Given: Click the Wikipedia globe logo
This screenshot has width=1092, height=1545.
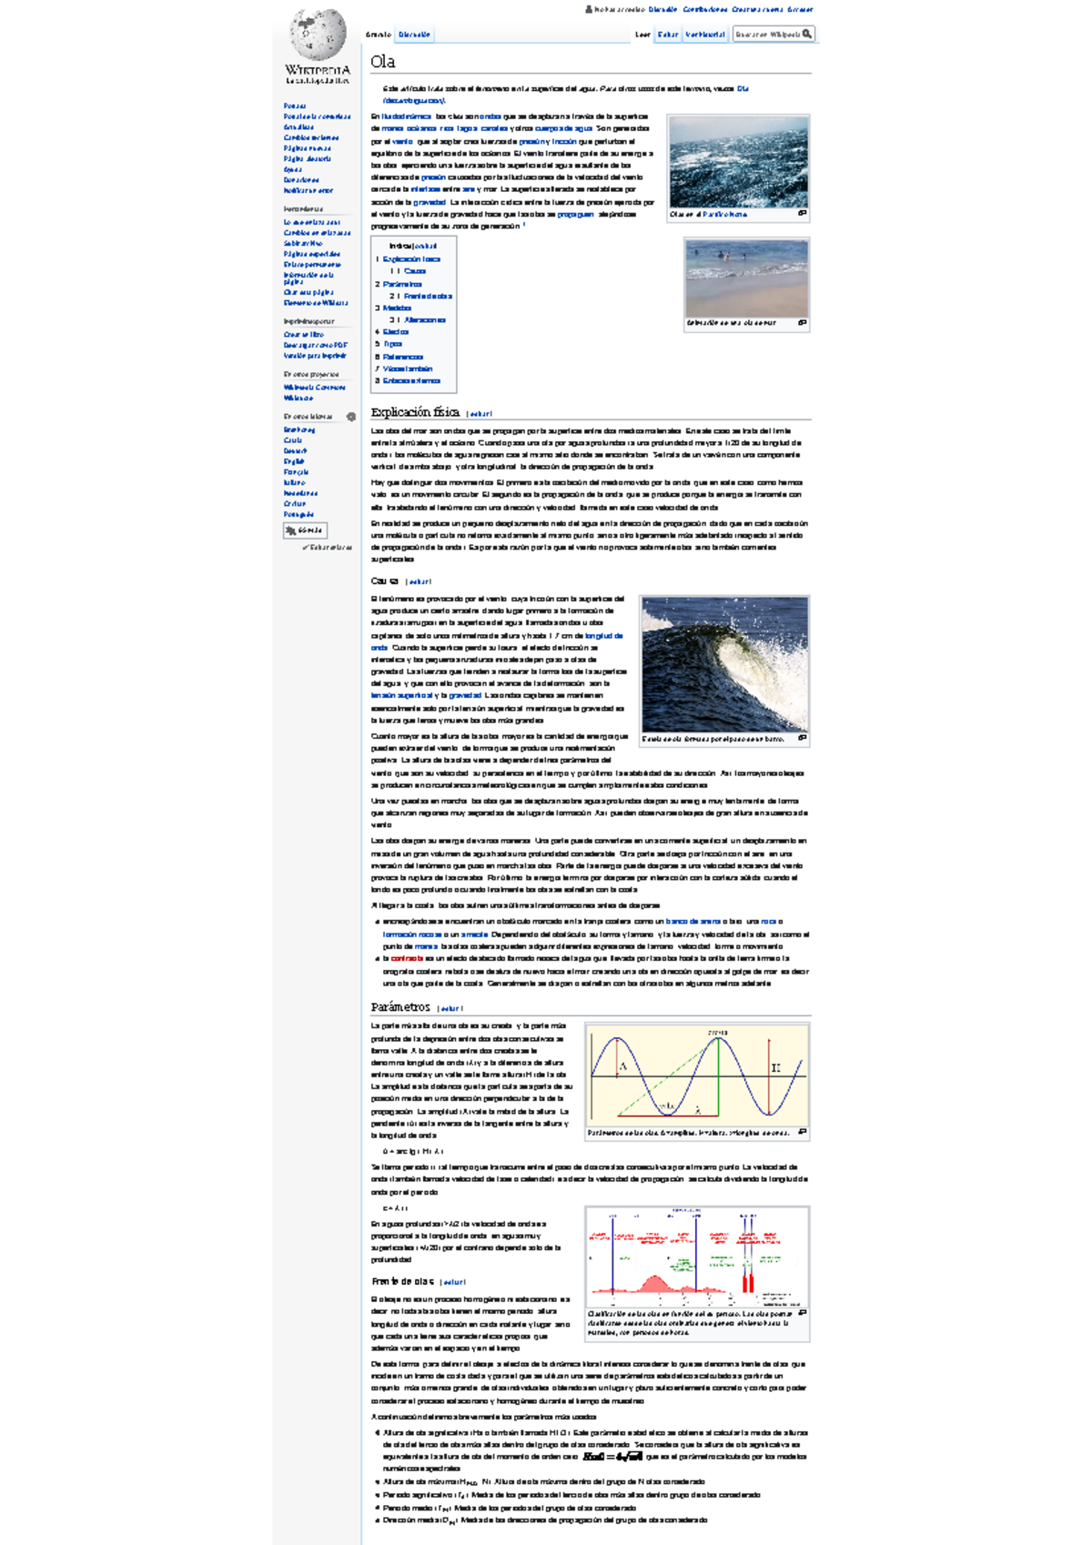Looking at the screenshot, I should pyautogui.click(x=318, y=35).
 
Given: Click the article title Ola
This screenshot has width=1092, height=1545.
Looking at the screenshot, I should pyautogui.click(x=382, y=62).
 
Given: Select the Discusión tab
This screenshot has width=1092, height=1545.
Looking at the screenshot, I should pyautogui.click(x=414, y=35).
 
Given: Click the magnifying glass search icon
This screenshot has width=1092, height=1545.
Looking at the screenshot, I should pyautogui.click(x=807, y=34).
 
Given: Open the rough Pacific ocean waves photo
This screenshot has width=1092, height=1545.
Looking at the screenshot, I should pyautogui.click(x=738, y=162).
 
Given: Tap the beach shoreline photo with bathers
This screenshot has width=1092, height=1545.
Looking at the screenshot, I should pyautogui.click(x=746, y=278).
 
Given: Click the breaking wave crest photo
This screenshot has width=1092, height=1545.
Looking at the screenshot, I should pyautogui.click(x=724, y=664).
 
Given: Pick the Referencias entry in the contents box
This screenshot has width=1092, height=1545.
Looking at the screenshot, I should pyautogui.click(x=403, y=357).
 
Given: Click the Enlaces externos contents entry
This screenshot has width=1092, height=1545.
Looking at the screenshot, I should pyautogui.click(x=411, y=380).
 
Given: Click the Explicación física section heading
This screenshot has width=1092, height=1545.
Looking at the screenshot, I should pyautogui.click(x=415, y=412).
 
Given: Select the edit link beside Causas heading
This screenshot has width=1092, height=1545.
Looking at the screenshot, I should pyautogui.click(x=420, y=581).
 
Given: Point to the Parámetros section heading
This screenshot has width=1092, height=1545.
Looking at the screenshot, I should pyautogui.click(x=400, y=1007).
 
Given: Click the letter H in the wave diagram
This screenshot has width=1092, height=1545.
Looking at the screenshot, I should pyautogui.click(x=775, y=1067).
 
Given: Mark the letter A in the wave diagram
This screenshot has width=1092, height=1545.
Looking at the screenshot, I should pyautogui.click(x=623, y=1066).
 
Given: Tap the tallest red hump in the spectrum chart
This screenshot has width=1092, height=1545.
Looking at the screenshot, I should pyautogui.click(x=654, y=1283).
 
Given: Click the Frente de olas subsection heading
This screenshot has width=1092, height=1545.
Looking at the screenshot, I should pyautogui.click(x=401, y=1281).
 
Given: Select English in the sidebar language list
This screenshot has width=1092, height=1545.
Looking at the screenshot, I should pyautogui.click(x=293, y=461).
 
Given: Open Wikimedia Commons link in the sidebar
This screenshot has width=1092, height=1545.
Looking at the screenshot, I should pyautogui.click(x=314, y=388).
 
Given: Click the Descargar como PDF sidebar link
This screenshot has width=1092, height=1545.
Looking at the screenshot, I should pyautogui.click(x=315, y=345).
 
